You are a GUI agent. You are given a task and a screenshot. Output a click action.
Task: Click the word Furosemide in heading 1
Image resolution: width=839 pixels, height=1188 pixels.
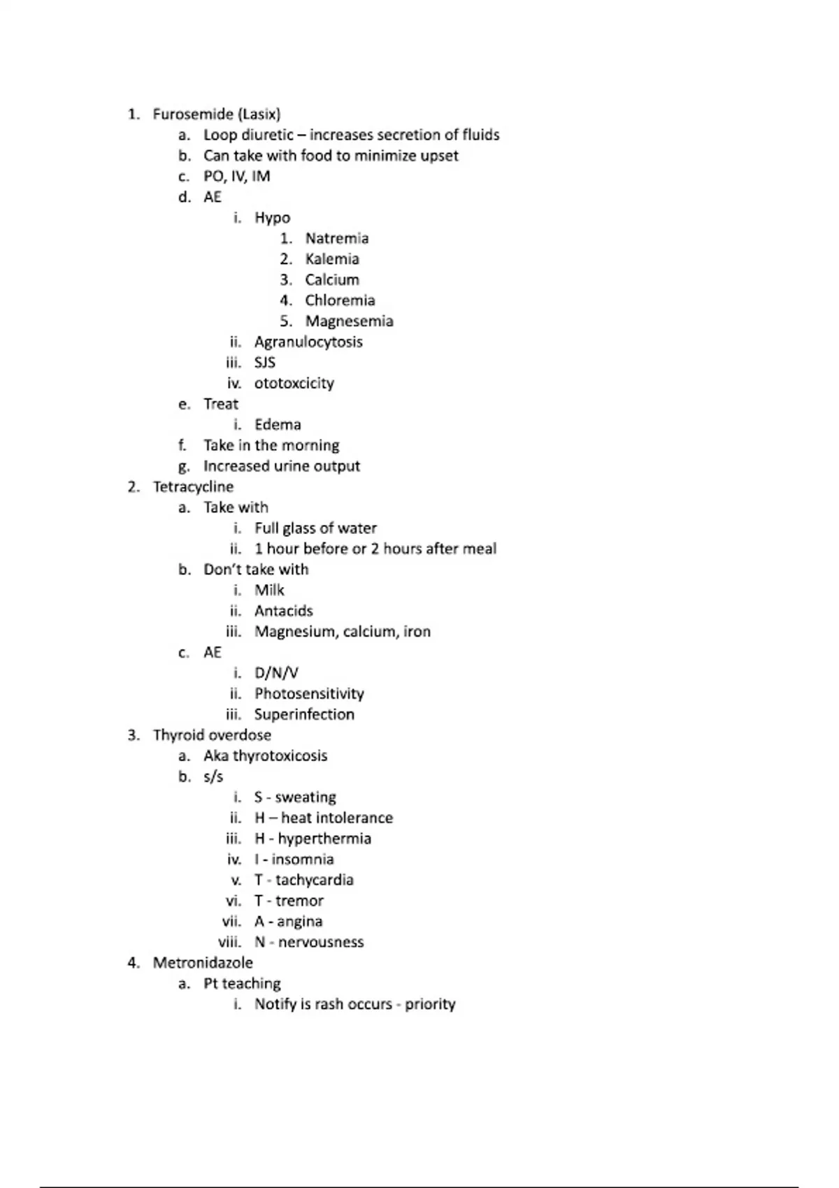point(193,114)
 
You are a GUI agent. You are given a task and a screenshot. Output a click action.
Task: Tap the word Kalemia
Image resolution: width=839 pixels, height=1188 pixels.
point(332,259)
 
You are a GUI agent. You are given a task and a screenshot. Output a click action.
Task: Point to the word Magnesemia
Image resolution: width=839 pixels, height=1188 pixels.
point(349,321)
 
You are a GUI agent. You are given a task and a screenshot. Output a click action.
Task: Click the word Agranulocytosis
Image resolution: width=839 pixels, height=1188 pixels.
point(308,342)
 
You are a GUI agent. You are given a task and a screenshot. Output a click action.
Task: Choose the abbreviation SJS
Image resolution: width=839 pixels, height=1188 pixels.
point(265,363)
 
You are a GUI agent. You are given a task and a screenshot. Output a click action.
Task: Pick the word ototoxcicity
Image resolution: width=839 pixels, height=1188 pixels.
point(294,384)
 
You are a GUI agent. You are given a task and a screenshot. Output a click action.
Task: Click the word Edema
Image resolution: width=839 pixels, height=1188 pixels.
point(278,425)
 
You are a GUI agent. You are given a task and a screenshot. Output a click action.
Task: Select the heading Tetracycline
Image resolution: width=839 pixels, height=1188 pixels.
point(193,487)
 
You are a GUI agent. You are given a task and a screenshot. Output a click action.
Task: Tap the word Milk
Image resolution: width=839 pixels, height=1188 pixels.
point(269,591)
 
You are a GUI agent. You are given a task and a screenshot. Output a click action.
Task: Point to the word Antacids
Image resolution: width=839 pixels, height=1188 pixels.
point(283,611)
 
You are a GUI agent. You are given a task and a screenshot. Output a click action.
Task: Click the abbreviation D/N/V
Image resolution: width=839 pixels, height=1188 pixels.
point(276,673)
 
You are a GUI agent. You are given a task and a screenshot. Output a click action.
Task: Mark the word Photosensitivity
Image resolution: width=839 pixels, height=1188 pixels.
point(309,694)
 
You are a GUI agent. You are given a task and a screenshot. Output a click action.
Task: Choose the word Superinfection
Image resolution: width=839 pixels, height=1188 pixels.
point(304,714)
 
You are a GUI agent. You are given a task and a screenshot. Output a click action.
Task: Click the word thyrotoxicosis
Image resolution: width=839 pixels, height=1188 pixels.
point(280,756)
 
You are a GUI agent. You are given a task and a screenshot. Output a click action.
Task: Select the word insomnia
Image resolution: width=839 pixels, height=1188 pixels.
point(303,860)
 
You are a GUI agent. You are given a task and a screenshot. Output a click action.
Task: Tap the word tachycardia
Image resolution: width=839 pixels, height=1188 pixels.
point(314,880)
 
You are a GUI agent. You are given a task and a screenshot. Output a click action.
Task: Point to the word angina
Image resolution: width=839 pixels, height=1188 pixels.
point(299,922)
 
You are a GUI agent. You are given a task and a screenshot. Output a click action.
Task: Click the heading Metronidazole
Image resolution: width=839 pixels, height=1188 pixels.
point(203,963)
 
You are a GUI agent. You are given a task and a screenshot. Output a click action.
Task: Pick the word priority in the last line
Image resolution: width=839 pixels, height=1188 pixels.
point(430,1004)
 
